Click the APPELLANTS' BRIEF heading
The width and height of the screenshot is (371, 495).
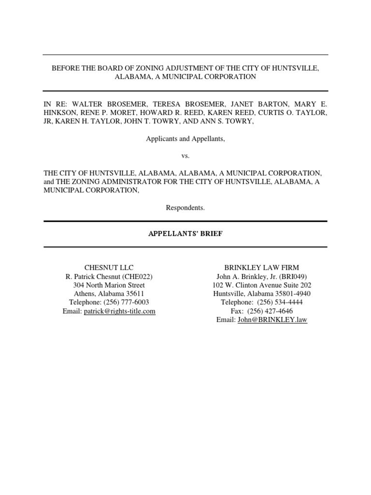pyautogui.click(x=185, y=234)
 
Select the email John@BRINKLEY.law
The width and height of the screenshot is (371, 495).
pyautogui.click(x=272, y=320)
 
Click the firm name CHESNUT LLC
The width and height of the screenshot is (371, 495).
pyautogui.click(x=109, y=267)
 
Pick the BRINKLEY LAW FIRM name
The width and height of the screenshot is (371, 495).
pyautogui.click(x=261, y=267)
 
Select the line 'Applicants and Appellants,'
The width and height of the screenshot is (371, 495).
pyautogui.click(x=185, y=139)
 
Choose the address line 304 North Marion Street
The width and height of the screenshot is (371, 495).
pyautogui.click(x=109, y=285)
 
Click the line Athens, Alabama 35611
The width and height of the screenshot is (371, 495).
pyautogui.click(x=109, y=293)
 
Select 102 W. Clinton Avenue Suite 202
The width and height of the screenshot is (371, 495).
pyautogui.click(x=261, y=285)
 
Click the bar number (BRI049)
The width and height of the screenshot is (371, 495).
pyautogui.click(x=292, y=276)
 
